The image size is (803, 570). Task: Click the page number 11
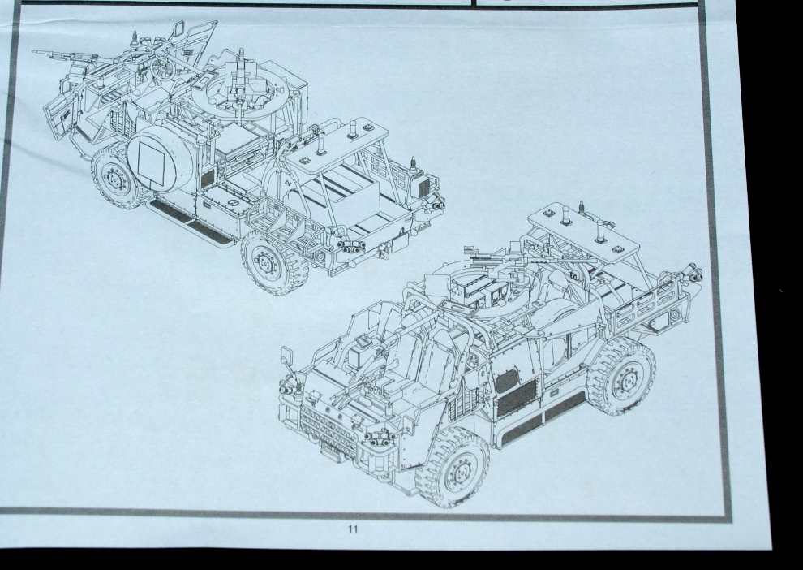coord(352,529)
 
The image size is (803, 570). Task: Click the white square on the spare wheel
coord(152,162)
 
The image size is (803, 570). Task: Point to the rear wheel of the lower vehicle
coord(623,377)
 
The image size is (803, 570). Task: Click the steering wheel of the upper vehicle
coord(163,67)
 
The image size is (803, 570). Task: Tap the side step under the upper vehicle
coord(191,220)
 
